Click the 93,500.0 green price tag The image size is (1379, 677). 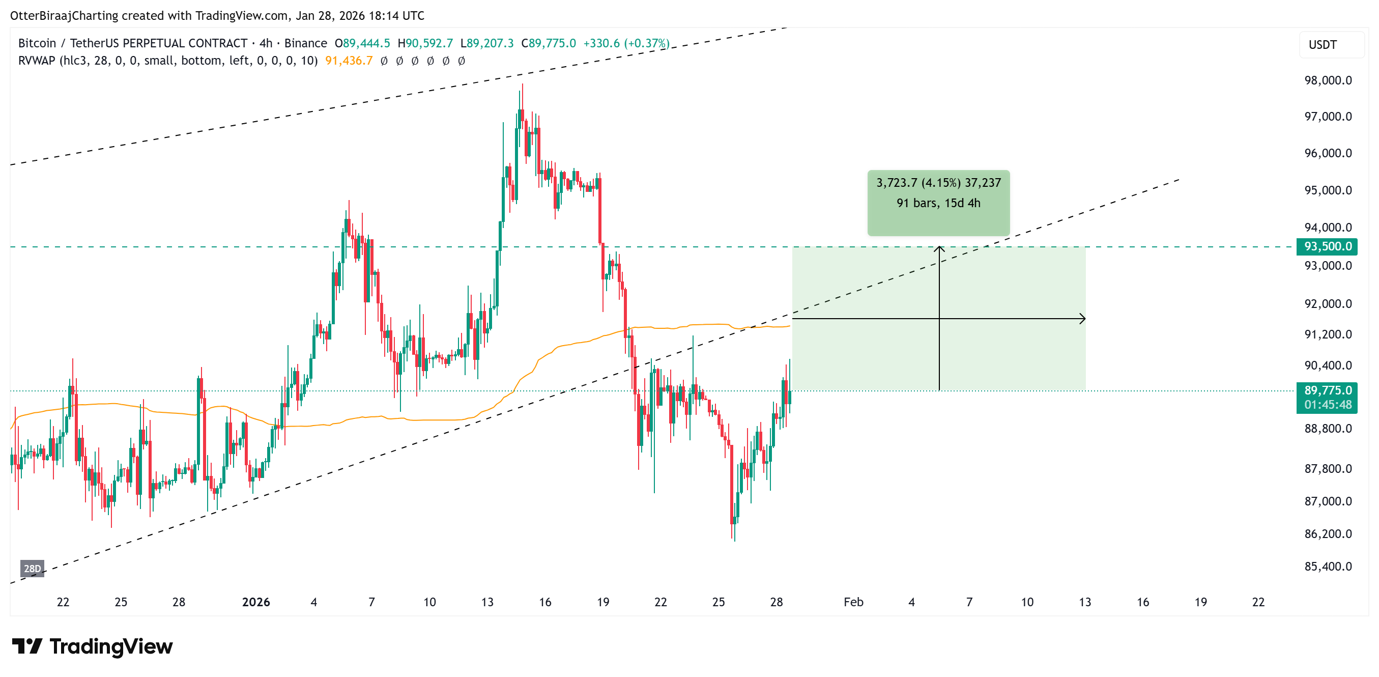1327,246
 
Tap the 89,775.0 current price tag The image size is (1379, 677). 1327,390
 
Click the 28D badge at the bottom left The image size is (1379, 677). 32,568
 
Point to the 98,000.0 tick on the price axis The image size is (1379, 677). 1328,80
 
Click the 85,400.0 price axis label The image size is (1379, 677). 1328,566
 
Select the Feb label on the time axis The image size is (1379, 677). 853,602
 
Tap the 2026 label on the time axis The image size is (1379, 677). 256,602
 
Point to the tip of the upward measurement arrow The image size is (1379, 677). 939,247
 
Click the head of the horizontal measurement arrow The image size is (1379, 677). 1083,319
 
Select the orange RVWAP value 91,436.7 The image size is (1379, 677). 349,61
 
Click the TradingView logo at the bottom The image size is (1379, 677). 92,646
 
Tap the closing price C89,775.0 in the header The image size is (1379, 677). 549,43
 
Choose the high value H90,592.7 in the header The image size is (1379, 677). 425,43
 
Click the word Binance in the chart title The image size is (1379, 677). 306,43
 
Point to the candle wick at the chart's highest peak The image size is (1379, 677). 523,89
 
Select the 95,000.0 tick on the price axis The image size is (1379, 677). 1328,190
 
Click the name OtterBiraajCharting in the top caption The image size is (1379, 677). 64,16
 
